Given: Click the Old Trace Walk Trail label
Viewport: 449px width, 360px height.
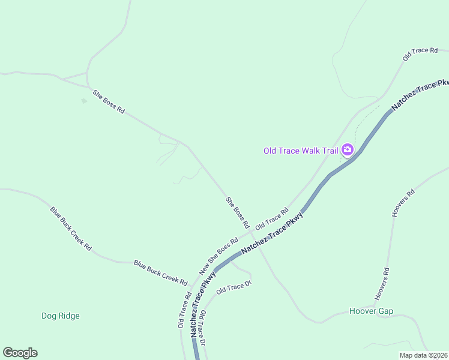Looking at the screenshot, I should point(301,150).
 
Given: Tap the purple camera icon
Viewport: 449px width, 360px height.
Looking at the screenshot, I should point(347,149).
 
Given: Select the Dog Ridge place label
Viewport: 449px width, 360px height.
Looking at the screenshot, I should point(61,316).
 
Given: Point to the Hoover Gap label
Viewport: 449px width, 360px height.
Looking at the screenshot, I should point(371,311).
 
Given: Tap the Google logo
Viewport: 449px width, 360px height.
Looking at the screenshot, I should point(20,353).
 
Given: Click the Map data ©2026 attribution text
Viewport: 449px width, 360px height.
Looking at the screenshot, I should point(423,355).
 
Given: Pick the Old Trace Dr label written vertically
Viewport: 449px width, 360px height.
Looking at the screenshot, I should point(203,328).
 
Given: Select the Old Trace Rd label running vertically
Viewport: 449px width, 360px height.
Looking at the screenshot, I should point(184,310).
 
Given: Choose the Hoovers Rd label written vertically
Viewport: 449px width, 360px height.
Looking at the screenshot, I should point(382,284).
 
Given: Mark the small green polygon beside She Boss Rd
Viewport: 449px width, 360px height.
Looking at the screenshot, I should point(84,100).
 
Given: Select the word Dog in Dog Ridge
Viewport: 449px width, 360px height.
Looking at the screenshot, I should point(49,316).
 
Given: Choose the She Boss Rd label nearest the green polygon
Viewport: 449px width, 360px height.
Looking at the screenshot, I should point(109,101).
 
